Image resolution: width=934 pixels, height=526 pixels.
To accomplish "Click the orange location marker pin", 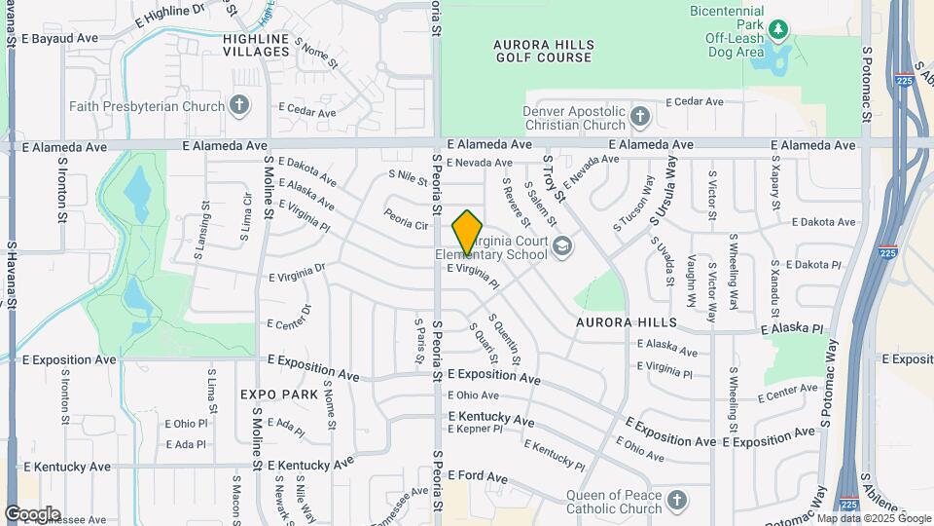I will pyautogui.click(x=468, y=232).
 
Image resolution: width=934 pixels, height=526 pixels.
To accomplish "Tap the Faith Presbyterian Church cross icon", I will pyautogui.click(x=240, y=105).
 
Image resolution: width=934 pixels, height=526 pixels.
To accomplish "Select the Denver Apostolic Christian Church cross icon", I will pyautogui.click(x=639, y=117).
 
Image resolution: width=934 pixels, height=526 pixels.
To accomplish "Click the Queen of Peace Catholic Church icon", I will pyautogui.click(x=677, y=501).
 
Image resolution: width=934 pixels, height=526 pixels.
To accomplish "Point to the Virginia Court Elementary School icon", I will pyautogui.click(x=561, y=247).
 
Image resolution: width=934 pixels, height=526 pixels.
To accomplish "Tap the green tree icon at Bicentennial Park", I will pyautogui.click(x=777, y=29).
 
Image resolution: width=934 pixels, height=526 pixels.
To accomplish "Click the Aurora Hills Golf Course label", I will pyautogui.click(x=542, y=51).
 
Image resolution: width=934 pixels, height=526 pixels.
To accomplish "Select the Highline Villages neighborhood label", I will pyautogui.click(x=256, y=45).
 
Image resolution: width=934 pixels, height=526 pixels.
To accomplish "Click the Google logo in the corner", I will pyautogui.click(x=31, y=513).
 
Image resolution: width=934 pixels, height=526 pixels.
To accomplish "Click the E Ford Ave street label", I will pyautogui.click(x=478, y=477).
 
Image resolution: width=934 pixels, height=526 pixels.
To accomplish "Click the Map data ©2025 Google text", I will pyautogui.click(x=874, y=518).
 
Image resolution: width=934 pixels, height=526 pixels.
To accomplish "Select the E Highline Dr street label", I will pyautogui.click(x=171, y=15).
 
